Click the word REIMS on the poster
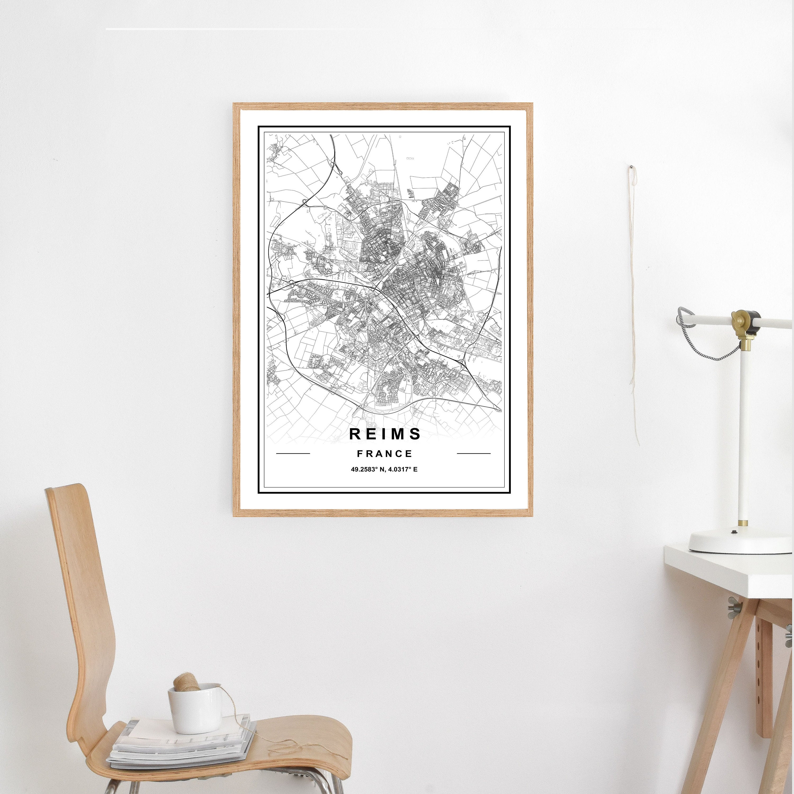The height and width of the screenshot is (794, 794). coord(385,434)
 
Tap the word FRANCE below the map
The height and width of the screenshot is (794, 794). coord(384,454)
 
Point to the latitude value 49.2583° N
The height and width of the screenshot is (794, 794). coord(367,469)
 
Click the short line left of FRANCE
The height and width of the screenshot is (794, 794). coord(293,454)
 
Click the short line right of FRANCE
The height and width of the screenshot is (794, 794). coord(473,454)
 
